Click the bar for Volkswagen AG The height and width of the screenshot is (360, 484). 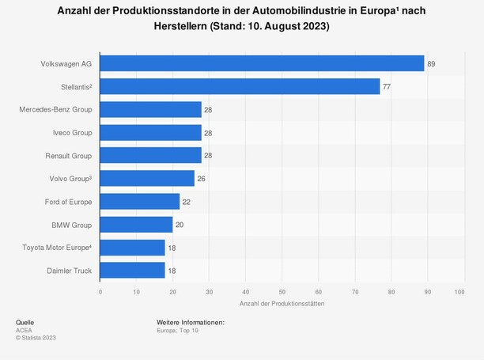pyautogui.click(x=263, y=63)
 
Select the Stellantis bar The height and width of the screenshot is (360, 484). pyautogui.click(x=240, y=86)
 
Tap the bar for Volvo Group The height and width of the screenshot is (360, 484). pyautogui.click(x=148, y=179)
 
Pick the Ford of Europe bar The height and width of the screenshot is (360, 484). pyautogui.click(x=140, y=202)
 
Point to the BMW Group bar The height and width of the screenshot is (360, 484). pyautogui.click(x=137, y=225)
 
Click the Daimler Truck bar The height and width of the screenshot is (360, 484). pyautogui.click(x=133, y=271)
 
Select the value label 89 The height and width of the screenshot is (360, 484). pyautogui.click(x=432, y=63)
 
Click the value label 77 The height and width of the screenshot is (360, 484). pyautogui.click(x=387, y=86)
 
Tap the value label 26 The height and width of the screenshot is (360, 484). pyautogui.click(x=202, y=179)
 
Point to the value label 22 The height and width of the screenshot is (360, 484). pyautogui.click(x=187, y=202)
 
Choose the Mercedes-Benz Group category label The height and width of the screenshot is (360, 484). pyautogui.click(x=55, y=109)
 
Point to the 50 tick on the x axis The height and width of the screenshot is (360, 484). pyautogui.click(x=282, y=292)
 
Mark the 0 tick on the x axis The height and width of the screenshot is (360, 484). pyautogui.click(x=100, y=292)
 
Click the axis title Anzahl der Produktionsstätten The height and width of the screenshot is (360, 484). pyautogui.click(x=281, y=305)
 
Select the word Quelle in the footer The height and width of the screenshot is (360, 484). pyautogui.click(x=25, y=323)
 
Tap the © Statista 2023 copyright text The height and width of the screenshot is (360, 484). pyautogui.click(x=36, y=338)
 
